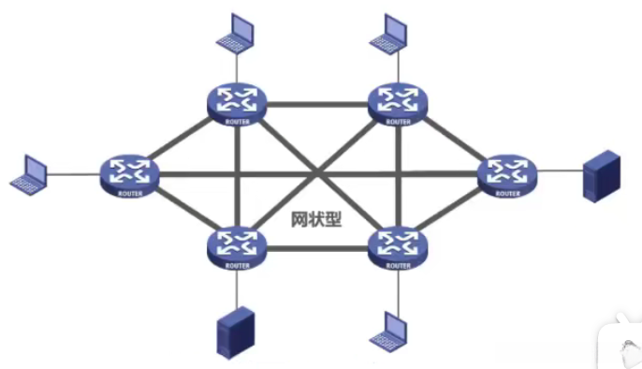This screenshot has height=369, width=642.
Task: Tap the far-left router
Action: (129, 172)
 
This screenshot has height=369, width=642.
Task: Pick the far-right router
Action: (506, 172)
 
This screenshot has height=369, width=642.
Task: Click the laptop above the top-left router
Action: (236, 34)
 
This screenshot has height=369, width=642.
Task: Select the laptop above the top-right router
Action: (391, 34)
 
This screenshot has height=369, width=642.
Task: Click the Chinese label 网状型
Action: (314, 219)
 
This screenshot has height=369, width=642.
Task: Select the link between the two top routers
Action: (317, 100)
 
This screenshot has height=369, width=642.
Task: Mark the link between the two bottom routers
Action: (317, 248)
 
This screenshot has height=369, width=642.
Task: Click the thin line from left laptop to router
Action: (75, 172)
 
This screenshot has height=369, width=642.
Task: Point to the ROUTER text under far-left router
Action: (129, 192)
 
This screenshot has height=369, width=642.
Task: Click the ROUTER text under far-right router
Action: (506, 193)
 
